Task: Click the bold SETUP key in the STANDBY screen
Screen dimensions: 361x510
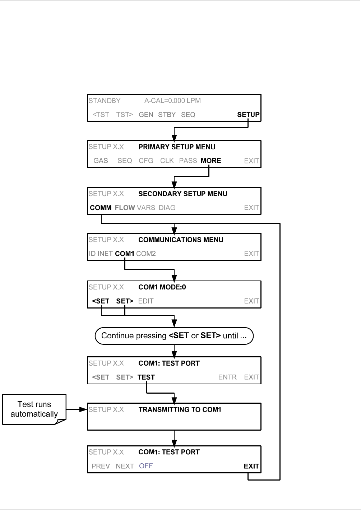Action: click(x=248, y=115)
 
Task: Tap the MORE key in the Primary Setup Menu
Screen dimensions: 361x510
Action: click(x=211, y=161)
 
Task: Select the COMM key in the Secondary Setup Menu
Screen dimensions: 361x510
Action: click(x=101, y=208)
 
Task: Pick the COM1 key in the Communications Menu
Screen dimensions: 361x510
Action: click(x=125, y=254)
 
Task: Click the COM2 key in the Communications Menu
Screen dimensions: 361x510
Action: click(x=146, y=254)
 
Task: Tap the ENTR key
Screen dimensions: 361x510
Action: click(x=227, y=377)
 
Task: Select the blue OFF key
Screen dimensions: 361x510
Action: click(x=146, y=466)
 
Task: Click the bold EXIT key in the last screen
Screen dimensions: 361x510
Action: click(x=251, y=466)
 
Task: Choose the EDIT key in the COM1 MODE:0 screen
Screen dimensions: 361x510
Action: click(x=146, y=301)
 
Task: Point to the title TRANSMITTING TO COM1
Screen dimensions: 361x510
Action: click(x=180, y=409)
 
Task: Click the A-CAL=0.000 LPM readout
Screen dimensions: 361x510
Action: click(x=172, y=101)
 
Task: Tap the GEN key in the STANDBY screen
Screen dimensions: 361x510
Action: click(x=146, y=115)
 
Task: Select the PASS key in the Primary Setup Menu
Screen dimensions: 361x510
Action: click(x=188, y=161)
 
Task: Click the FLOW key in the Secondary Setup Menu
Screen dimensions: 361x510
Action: click(x=125, y=208)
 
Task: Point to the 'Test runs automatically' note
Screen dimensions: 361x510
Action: click(x=34, y=409)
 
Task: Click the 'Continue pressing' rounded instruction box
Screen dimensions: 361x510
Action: click(x=174, y=336)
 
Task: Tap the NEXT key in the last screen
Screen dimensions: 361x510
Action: click(x=125, y=466)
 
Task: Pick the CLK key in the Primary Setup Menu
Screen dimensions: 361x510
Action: click(x=167, y=161)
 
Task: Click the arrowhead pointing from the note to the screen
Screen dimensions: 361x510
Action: click(x=83, y=409)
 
